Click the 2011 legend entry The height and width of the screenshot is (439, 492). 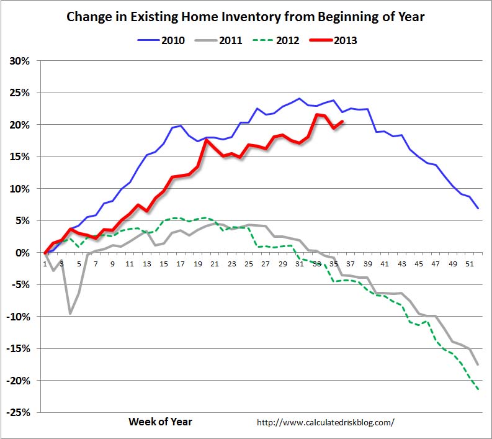(x=220, y=40)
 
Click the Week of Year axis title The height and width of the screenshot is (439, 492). (x=160, y=422)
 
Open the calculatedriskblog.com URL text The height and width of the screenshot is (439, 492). (x=325, y=422)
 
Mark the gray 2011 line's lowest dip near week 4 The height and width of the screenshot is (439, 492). (x=70, y=314)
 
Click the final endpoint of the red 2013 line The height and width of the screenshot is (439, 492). (x=342, y=122)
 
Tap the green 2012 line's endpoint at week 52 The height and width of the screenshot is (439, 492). (x=478, y=389)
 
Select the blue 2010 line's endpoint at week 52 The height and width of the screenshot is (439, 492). (x=478, y=208)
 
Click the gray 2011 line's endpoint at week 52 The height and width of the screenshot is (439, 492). (x=478, y=364)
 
